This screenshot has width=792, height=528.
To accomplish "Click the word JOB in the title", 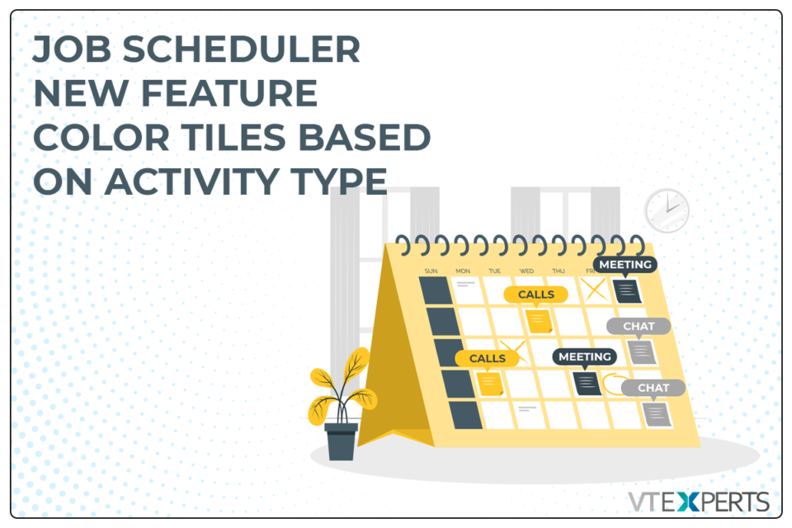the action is pos(71,49).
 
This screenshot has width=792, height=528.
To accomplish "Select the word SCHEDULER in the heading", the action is pos(242,49).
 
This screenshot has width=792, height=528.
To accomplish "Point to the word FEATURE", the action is pos(229,93).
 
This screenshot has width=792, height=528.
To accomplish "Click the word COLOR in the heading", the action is pos(101,138).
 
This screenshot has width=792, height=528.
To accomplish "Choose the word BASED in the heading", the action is pos(365,138).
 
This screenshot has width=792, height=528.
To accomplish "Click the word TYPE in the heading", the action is pos(339,181).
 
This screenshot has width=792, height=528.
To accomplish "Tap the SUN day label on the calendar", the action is pos(431,271).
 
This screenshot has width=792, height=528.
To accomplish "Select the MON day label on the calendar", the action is pos(463,271).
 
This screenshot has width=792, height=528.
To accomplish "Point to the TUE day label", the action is pos(494,271).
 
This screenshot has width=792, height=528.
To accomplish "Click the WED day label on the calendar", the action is pos(526,271).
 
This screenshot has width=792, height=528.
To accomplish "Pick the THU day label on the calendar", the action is pos(559,271).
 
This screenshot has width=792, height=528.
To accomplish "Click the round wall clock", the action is pos(667,210).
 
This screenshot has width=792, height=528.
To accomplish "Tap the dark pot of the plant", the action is pos(342,441).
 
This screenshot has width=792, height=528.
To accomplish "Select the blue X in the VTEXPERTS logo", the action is pos(688,502).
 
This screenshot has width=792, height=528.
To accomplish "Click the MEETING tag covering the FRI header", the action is pos(625,265).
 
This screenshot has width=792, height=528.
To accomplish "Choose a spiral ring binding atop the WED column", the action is pos(521,245).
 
